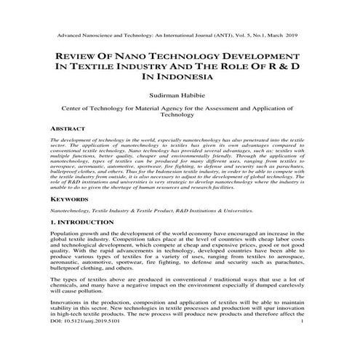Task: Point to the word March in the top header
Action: (x=282, y=33)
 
